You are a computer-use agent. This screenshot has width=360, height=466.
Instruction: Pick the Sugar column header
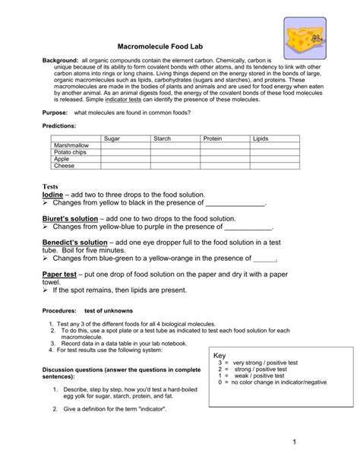tap(112, 138)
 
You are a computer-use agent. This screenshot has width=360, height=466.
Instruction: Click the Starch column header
tap(163, 138)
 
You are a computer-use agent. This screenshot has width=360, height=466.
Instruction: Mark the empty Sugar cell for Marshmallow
tap(125, 145)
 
